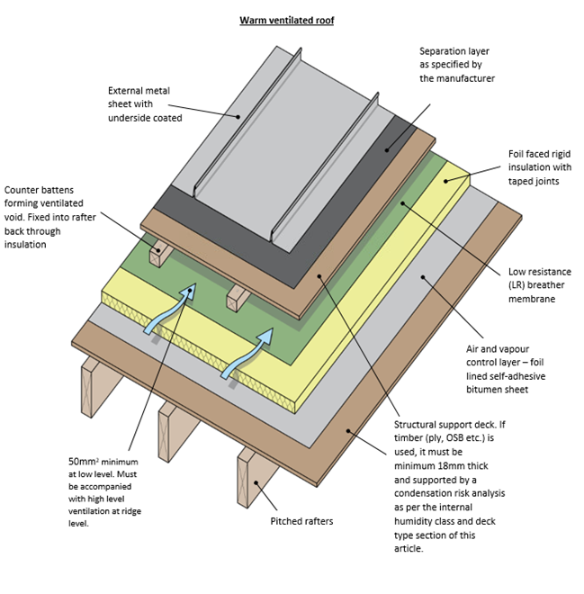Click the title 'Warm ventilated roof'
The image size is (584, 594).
286,20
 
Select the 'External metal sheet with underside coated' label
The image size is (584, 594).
146,103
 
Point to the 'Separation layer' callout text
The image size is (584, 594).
456,65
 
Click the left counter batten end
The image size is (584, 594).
160,255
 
